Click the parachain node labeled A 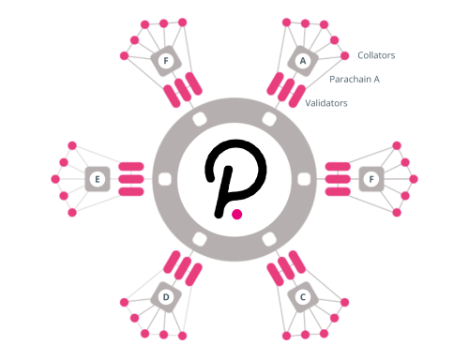(x=303, y=61)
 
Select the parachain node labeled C (x=303, y=297)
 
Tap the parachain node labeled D (x=166, y=297)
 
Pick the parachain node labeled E (x=98, y=179)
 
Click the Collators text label (x=376, y=55)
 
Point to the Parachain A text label (x=355, y=80)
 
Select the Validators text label (x=326, y=103)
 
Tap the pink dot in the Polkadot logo (x=237, y=215)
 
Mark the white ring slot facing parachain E (x=165, y=179)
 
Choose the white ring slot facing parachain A (x=269, y=119)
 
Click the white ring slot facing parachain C (x=269, y=239)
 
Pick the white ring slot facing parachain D (x=200, y=239)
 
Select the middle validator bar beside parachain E (x=131, y=179)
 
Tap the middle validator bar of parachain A (x=286, y=90)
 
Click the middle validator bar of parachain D (x=183, y=268)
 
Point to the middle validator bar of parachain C (x=286, y=268)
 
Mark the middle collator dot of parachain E (x=55, y=179)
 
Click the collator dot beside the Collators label (x=344, y=55)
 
